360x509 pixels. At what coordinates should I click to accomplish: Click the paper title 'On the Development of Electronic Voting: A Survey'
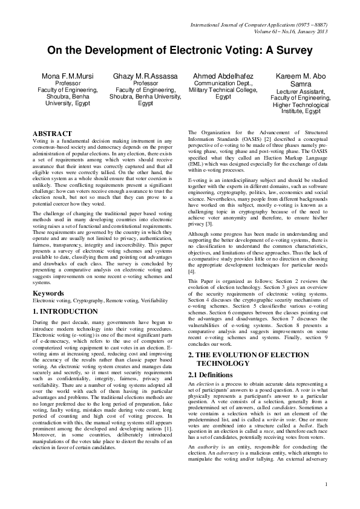[x=180, y=51]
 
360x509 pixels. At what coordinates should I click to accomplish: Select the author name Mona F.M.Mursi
[x=68, y=76]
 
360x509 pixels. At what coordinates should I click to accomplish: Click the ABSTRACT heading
[x=52, y=133]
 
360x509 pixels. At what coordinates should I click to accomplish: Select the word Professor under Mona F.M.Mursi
[x=68, y=83]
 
